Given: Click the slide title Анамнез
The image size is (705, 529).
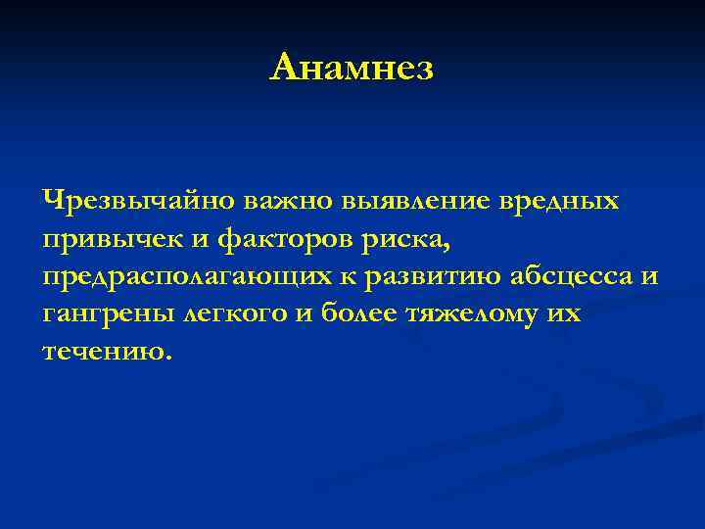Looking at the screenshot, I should pyautogui.click(x=352, y=68).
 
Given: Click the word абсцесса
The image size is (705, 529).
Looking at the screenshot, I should pyautogui.click(x=572, y=278).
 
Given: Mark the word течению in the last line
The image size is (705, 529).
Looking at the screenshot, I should pyautogui.click(x=102, y=352).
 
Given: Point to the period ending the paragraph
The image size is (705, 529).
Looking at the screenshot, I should pyautogui.click(x=167, y=358).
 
